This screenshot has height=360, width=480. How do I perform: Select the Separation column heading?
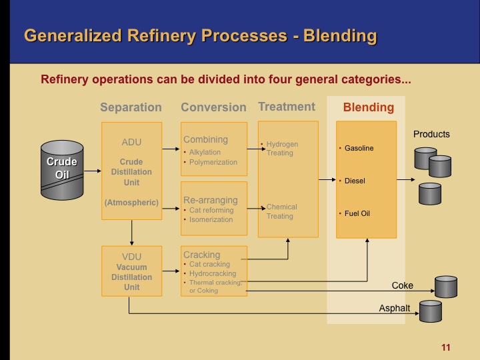coord(131,107)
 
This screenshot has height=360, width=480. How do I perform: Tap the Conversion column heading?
coord(213,107)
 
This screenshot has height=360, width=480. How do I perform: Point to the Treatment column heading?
coord(287,107)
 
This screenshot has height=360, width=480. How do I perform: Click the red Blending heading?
coord(368,107)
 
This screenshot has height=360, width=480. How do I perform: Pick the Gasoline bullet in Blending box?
coord(359,148)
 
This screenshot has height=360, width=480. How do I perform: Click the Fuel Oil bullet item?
coord(357,213)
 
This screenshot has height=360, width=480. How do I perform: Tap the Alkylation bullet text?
coord(205,152)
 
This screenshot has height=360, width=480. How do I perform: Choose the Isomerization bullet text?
coord(211,219)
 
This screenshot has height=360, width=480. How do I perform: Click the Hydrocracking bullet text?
coord(213,273)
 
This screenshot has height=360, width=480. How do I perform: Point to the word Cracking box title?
coord(201,255)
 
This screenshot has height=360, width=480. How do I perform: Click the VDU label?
coord(131,256)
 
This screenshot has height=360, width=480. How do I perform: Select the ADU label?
coord(131,142)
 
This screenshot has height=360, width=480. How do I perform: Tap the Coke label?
coord(402,285)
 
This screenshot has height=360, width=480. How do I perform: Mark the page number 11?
coord(446,347)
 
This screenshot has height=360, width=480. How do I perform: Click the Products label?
coord(431,134)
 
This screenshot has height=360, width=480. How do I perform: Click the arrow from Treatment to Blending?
coord(327,179)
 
